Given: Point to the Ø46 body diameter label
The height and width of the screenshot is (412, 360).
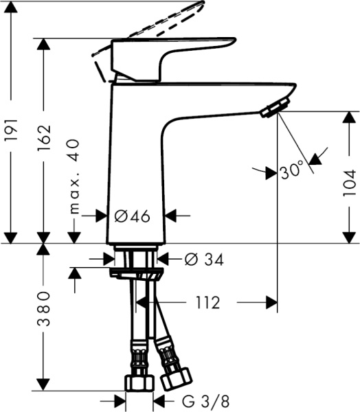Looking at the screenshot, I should [132, 216].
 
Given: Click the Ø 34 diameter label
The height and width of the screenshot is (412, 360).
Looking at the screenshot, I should [204, 260].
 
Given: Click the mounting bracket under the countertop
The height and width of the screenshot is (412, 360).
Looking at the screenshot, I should [137, 274].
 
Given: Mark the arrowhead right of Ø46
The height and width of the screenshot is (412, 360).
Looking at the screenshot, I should [172, 216].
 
